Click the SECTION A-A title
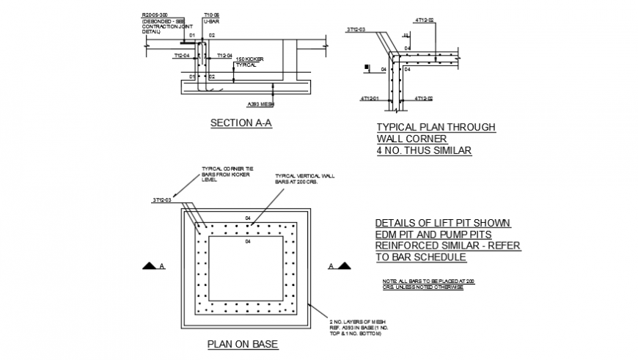pyautogui.click(x=241, y=123)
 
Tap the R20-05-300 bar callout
pyautogui.click(x=155, y=14)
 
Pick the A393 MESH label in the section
pyautogui.click(x=260, y=104)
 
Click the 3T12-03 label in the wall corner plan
pyautogui.click(x=355, y=30)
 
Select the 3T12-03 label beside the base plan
pyautogui.click(x=162, y=199)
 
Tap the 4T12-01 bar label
pyautogui.click(x=370, y=98)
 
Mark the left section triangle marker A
pyautogui.click(x=152, y=266)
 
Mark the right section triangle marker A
pyautogui.click(x=342, y=266)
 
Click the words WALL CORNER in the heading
pyautogui.click(x=411, y=139)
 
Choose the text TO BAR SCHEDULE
pyautogui.click(x=420, y=257)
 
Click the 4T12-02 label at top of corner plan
pyautogui.click(x=424, y=20)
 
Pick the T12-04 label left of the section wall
pyautogui.click(x=182, y=55)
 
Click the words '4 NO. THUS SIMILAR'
pyautogui.click(x=424, y=151)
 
